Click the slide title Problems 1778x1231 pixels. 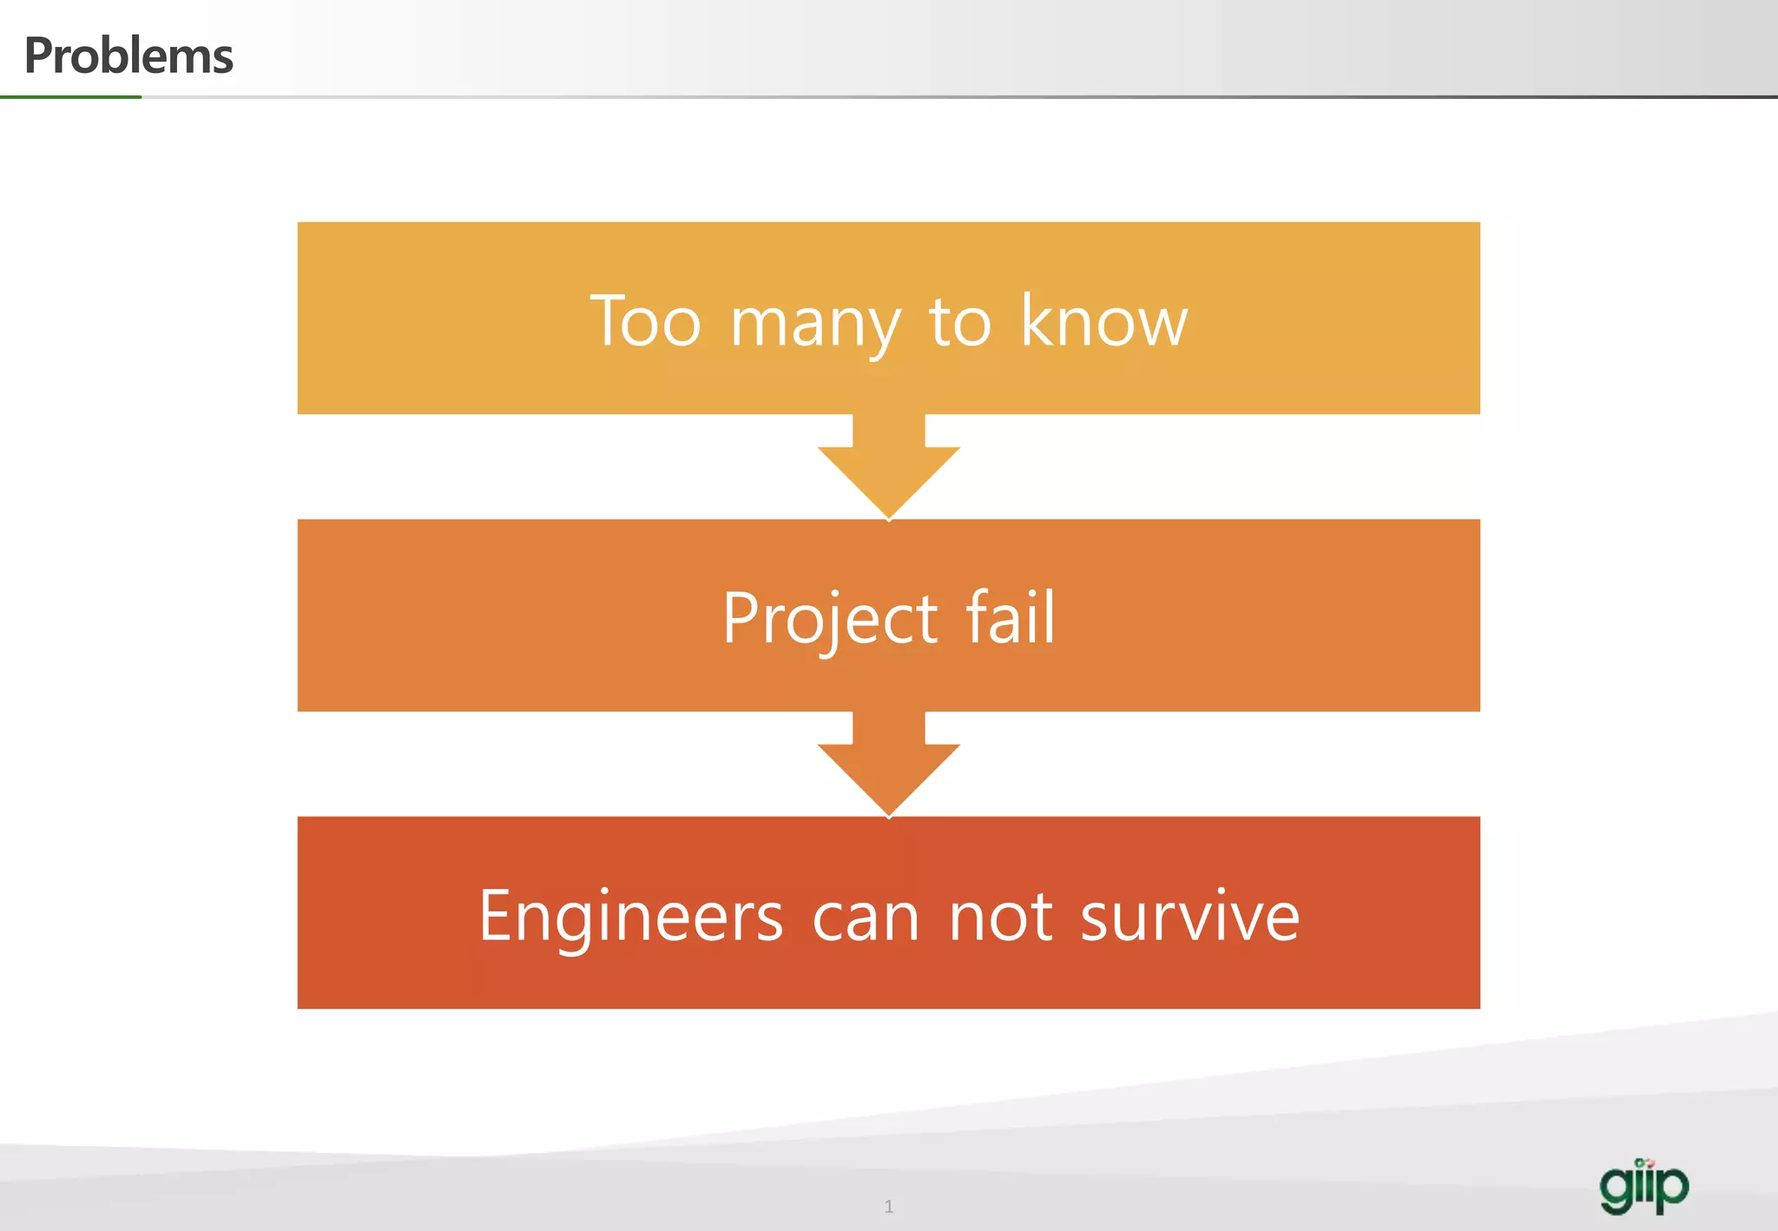tap(128, 56)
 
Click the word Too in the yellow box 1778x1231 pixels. tap(645, 321)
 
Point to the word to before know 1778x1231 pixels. tap(960, 322)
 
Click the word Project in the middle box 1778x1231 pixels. tap(830, 619)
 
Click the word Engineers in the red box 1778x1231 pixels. tap(631, 916)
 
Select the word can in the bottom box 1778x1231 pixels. tap(866, 918)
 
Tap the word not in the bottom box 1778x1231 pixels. tap(1001, 918)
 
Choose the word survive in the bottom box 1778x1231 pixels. tap(1189, 916)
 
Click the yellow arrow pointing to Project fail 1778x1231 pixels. tap(888, 469)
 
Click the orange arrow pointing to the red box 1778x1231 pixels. tap(888, 766)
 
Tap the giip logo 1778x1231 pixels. tap(1643, 1186)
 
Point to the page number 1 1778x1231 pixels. tap(888, 1206)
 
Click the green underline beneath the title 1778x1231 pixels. tap(70, 97)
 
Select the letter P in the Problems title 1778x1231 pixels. tap(38, 56)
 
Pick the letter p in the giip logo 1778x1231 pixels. tap(1671, 1188)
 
